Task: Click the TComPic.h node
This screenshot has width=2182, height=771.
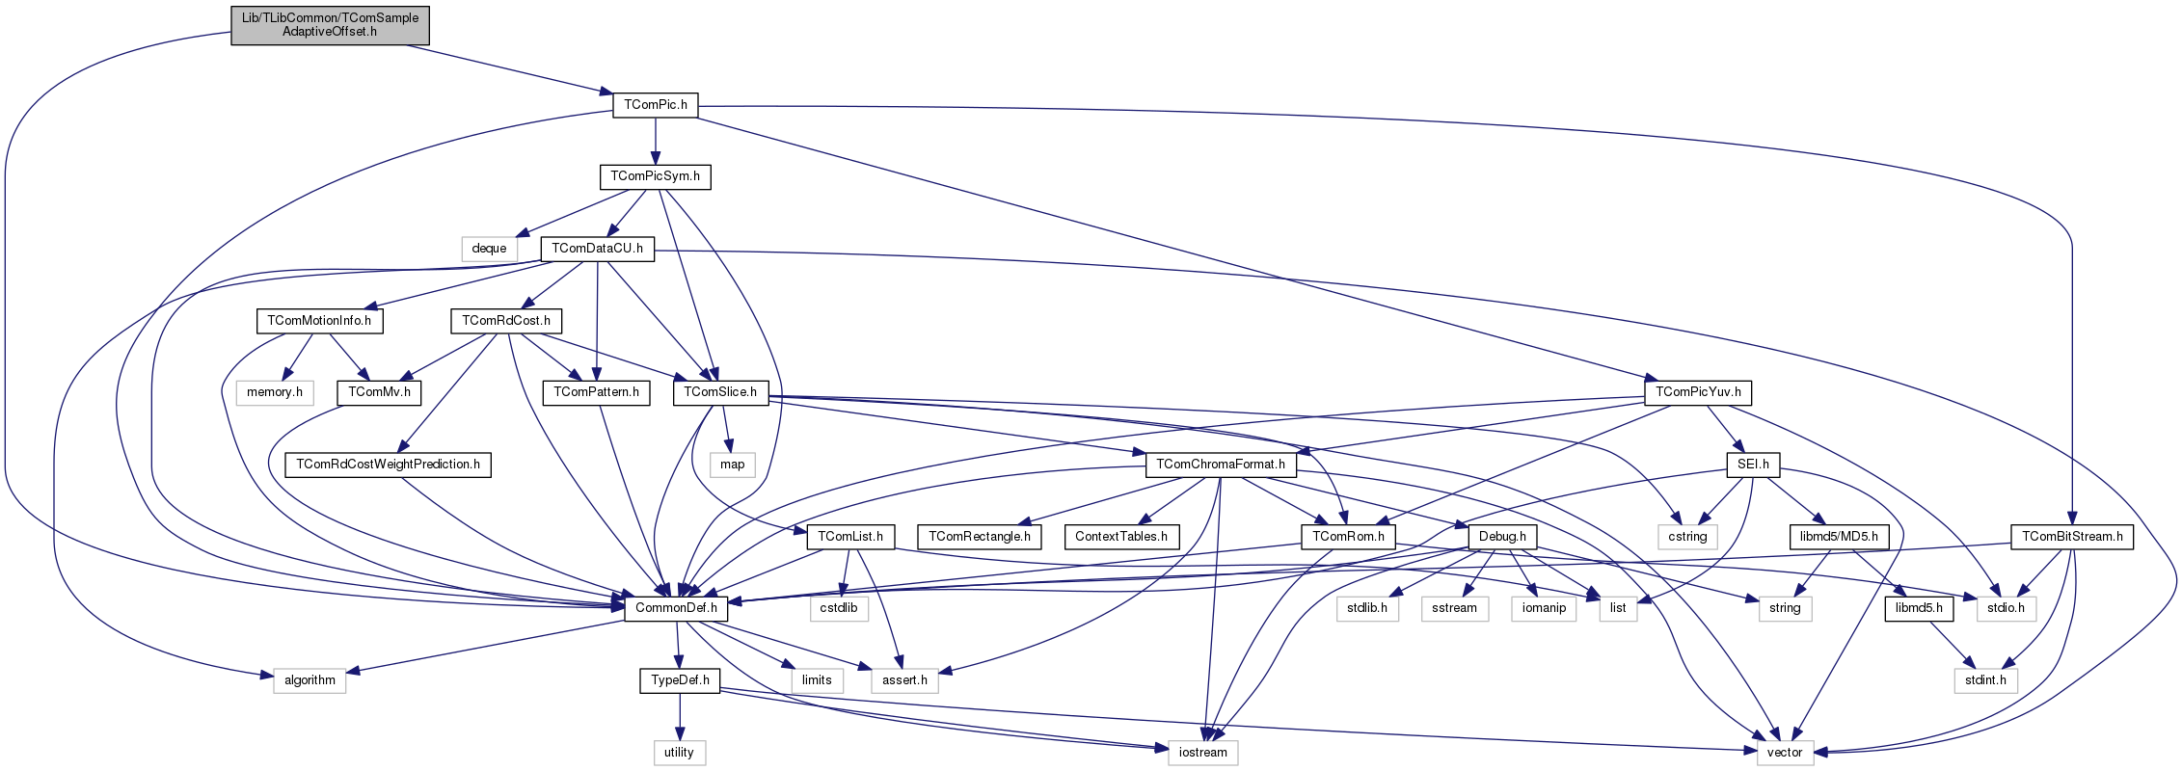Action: click(655, 105)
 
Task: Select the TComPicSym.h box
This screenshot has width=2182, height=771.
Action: click(655, 177)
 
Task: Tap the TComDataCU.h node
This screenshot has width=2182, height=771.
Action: click(597, 249)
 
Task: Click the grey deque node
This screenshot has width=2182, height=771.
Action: click(489, 249)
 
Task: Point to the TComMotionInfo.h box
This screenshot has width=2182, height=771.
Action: click(319, 321)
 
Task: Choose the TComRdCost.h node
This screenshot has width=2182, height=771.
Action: click(506, 321)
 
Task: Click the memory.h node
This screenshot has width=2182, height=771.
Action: click(275, 392)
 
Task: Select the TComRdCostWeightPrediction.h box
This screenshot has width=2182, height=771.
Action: click(388, 465)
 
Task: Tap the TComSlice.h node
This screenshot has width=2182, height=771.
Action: click(720, 392)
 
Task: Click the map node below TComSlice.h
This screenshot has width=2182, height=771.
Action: click(733, 465)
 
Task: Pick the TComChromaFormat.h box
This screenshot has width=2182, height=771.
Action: click(1221, 465)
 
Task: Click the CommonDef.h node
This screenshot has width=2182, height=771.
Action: click(676, 608)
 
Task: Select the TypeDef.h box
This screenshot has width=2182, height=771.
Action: click(680, 680)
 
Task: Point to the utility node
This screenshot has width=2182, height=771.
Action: click(679, 753)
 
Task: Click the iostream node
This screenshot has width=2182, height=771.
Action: click(1202, 753)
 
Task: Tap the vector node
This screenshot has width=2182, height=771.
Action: click(1785, 753)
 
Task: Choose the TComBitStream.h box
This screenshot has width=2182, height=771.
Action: click(2072, 537)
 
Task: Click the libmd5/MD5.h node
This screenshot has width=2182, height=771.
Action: click(1839, 537)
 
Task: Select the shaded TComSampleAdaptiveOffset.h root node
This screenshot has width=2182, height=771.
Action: click(330, 25)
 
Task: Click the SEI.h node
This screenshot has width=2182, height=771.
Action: click(1753, 465)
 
